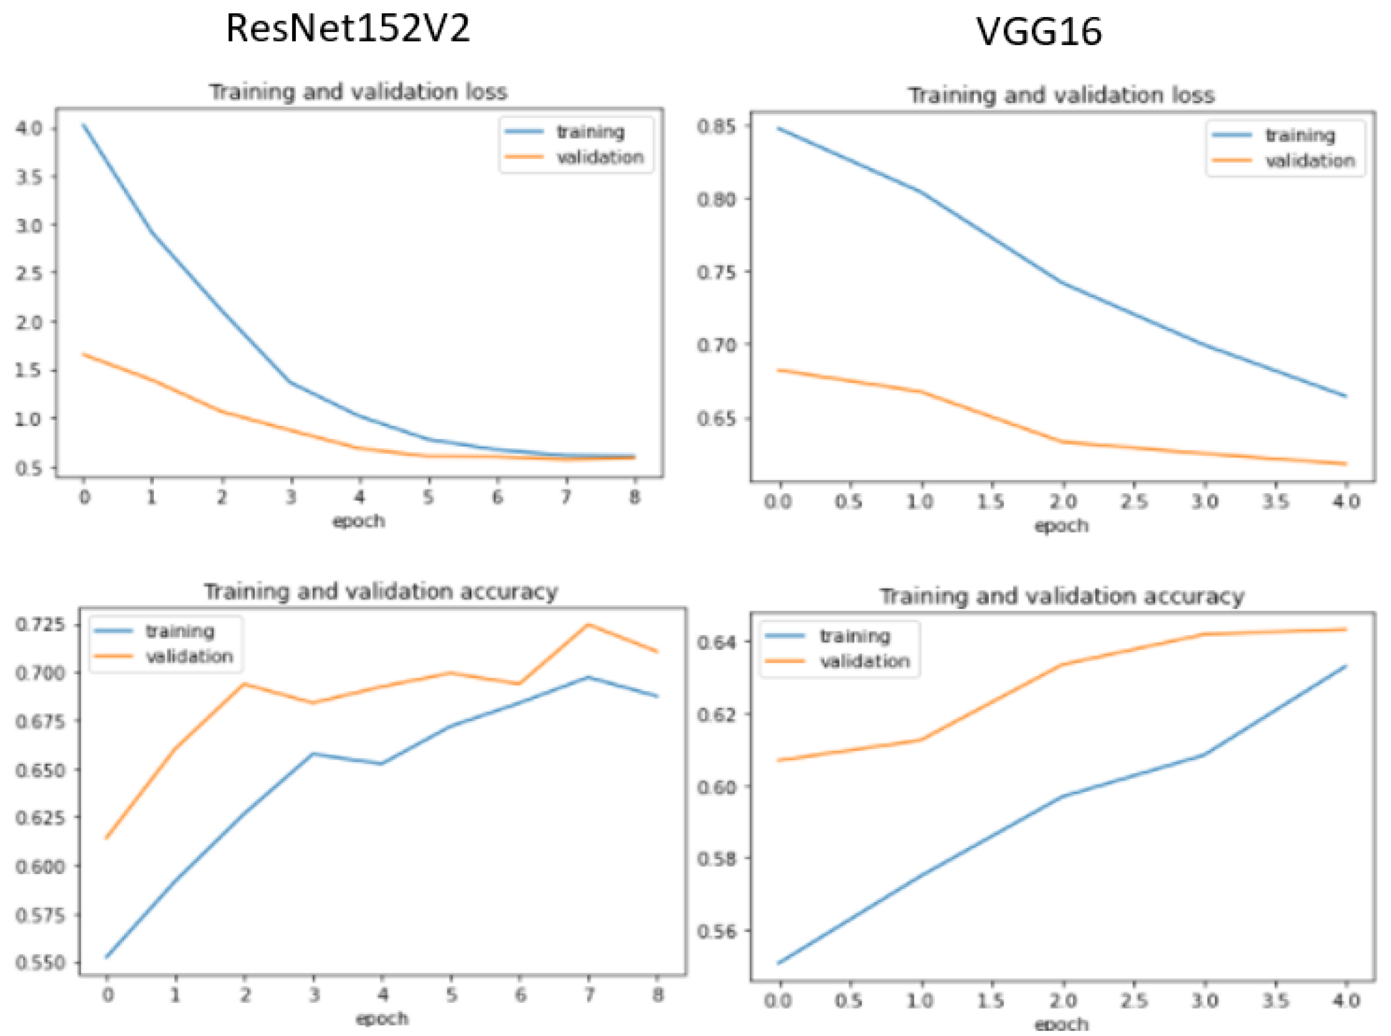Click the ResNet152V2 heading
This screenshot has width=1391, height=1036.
coord(347,29)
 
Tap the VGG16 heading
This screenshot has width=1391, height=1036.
coord(1039,31)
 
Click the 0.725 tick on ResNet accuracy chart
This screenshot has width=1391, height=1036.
coord(39,625)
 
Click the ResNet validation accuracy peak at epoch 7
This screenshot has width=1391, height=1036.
coord(588,624)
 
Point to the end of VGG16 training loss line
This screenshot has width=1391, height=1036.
coord(1345,396)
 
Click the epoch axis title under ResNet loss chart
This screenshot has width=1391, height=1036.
coord(358,521)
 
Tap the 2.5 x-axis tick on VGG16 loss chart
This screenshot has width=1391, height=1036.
coord(1133,502)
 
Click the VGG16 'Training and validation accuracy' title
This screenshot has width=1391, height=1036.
coord(1062,596)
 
